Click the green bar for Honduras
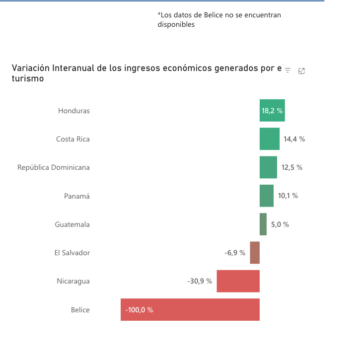272,110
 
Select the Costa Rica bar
270,139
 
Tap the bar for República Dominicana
268,167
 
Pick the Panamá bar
267,196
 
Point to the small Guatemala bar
263,224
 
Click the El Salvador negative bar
255,253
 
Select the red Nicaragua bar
238,281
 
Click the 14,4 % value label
294,139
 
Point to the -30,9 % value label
200,281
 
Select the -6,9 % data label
235,253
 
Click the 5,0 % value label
280,224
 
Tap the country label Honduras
74,111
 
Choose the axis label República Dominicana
54,167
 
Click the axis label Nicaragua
73,282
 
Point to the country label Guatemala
72,224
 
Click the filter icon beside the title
288,71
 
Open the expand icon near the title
301,71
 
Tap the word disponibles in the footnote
176,24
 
